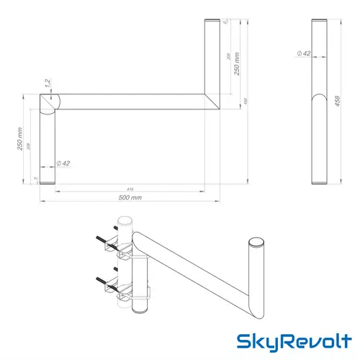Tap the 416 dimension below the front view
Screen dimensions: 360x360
pyautogui.click(x=128, y=188)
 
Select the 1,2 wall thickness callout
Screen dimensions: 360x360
pyautogui.click(x=45, y=85)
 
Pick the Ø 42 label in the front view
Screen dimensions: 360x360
pyautogui.click(x=63, y=163)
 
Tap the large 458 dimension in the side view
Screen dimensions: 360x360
pyautogui.click(x=337, y=102)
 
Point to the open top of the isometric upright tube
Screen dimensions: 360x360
pyautogui.click(x=256, y=243)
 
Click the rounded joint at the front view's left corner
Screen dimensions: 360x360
pyautogui.click(x=48, y=102)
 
